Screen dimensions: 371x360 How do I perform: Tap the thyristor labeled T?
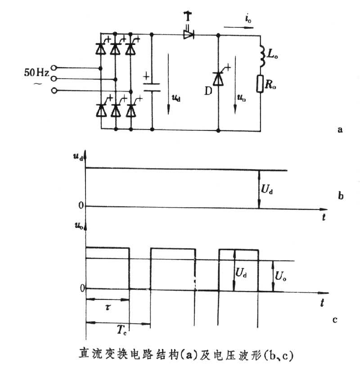click(189, 34)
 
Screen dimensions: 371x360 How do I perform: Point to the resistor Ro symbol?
click(260, 84)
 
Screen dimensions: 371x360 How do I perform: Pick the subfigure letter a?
click(340, 130)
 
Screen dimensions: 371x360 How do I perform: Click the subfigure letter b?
click(341, 196)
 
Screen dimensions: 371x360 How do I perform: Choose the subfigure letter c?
click(335, 320)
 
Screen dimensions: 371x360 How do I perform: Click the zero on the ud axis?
click(81, 206)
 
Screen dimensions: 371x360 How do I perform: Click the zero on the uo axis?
click(81, 288)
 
